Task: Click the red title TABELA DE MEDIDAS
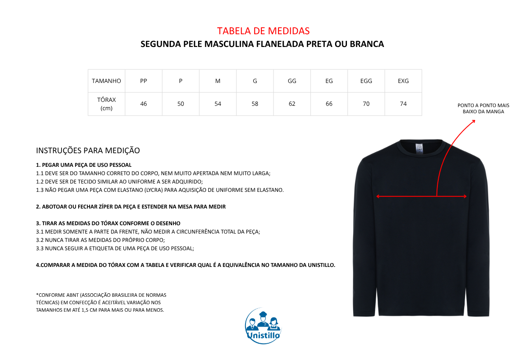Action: tap(263, 31)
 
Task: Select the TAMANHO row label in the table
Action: tap(106, 81)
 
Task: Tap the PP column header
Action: tap(144, 81)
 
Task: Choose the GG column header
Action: tap(292, 81)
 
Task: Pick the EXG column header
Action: tap(403, 81)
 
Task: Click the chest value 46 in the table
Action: tap(144, 104)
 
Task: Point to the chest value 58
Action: tap(255, 104)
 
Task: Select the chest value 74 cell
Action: tap(403, 104)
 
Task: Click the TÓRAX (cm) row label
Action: tap(106, 104)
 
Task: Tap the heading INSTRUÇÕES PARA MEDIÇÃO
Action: tap(88, 151)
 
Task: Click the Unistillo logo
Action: tap(263, 326)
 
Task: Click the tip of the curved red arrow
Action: tap(475, 119)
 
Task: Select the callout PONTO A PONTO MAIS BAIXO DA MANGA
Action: tap(483, 108)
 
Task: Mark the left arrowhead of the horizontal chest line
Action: tap(377, 197)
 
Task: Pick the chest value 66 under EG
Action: tap(329, 104)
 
